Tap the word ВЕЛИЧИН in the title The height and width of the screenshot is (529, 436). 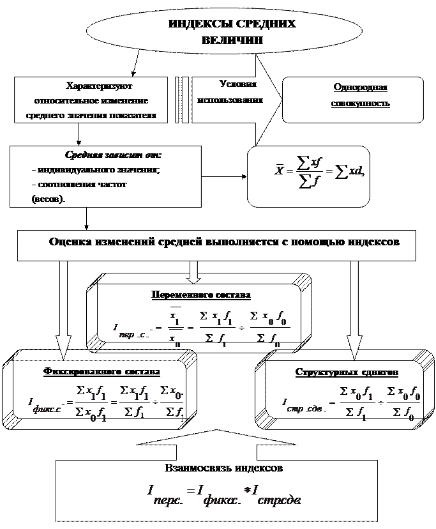(231, 40)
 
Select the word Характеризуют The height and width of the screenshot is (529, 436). (99, 86)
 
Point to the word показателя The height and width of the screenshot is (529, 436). (135, 116)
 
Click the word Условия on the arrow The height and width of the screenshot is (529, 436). (237, 84)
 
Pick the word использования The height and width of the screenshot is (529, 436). (230, 100)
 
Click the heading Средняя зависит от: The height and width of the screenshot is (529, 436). (113, 155)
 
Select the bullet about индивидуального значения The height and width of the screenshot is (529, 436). (95, 170)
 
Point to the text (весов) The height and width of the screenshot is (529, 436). (49, 199)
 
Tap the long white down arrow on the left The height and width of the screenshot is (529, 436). (63, 313)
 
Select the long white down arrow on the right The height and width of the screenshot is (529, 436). (354, 313)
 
